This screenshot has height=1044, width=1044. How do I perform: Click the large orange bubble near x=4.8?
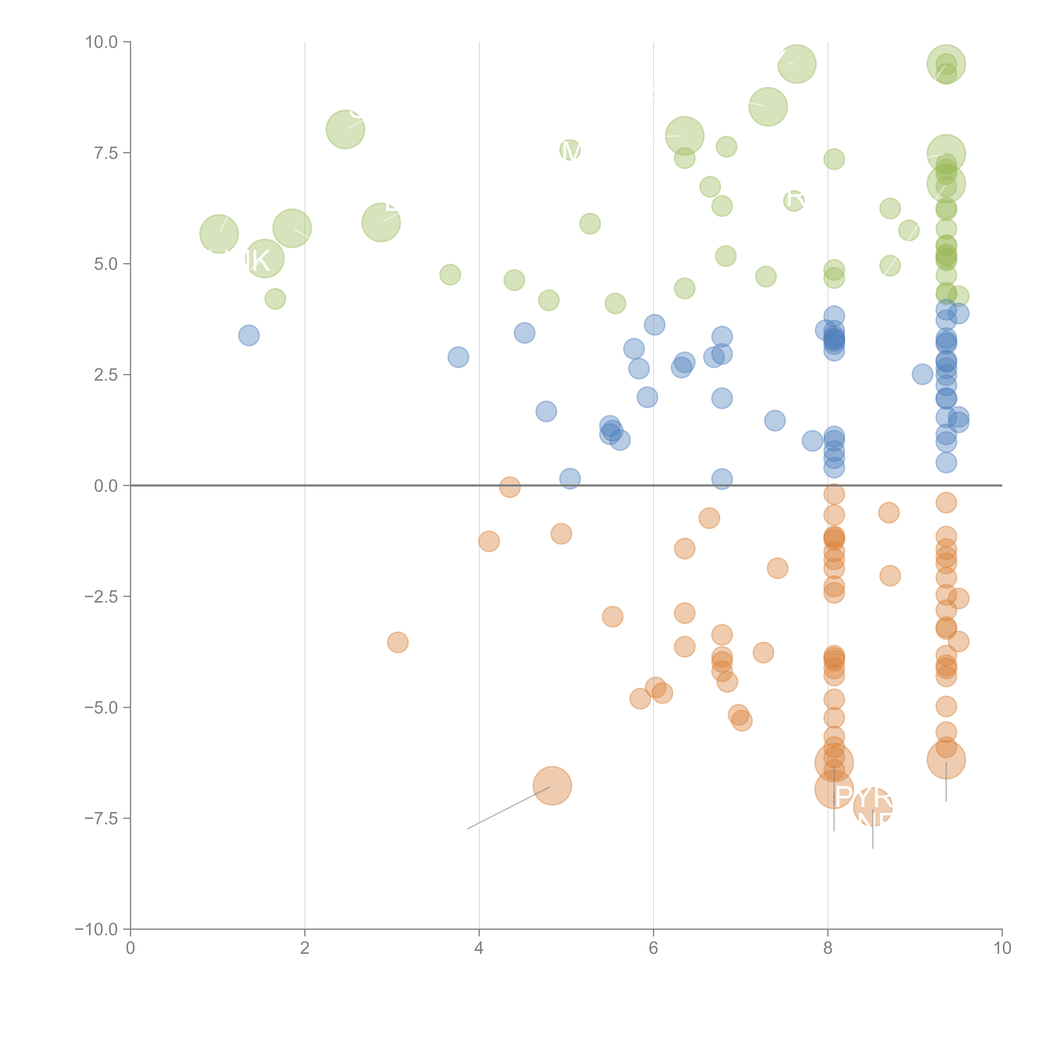(552, 786)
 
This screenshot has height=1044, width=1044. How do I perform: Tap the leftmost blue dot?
(248, 336)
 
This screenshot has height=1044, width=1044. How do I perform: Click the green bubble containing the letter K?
(264, 259)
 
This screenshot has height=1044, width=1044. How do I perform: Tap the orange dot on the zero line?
(509, 487)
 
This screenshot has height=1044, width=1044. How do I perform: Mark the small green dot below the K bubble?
(275, 299)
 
